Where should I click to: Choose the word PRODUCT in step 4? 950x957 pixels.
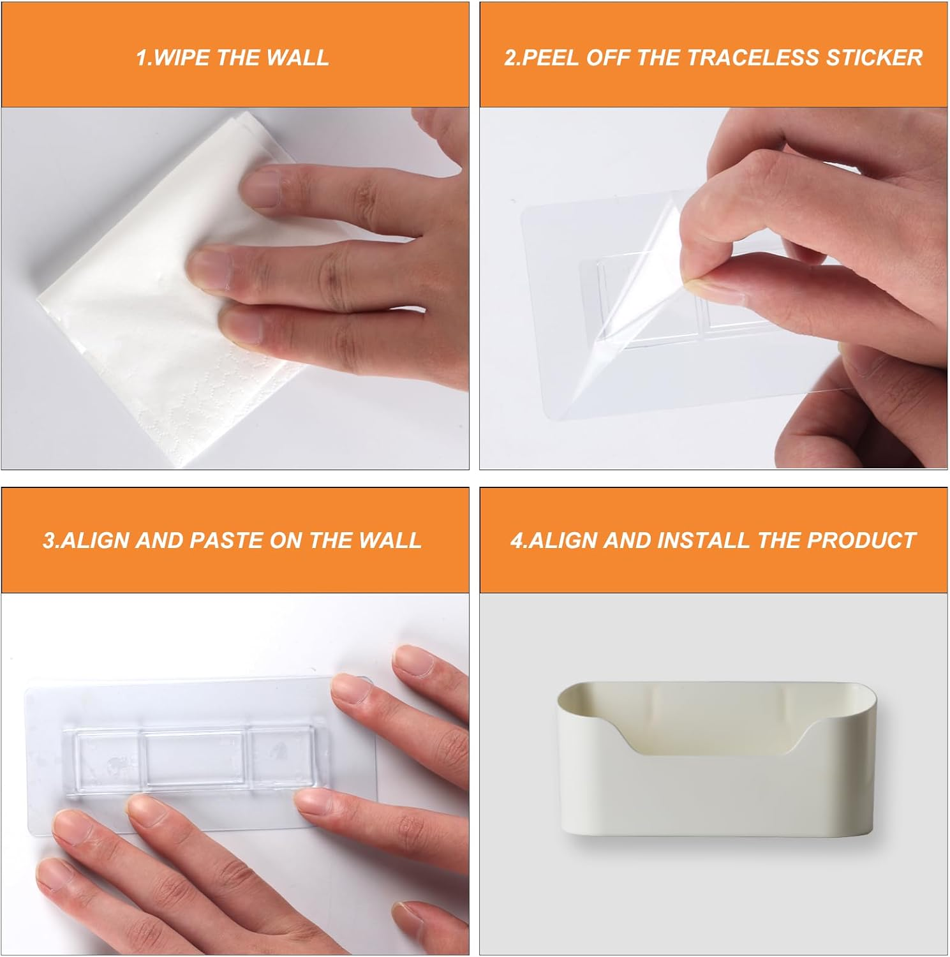[861, 540]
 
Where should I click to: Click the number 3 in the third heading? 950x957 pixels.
[48, 540]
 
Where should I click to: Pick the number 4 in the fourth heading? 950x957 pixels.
[516, 540]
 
